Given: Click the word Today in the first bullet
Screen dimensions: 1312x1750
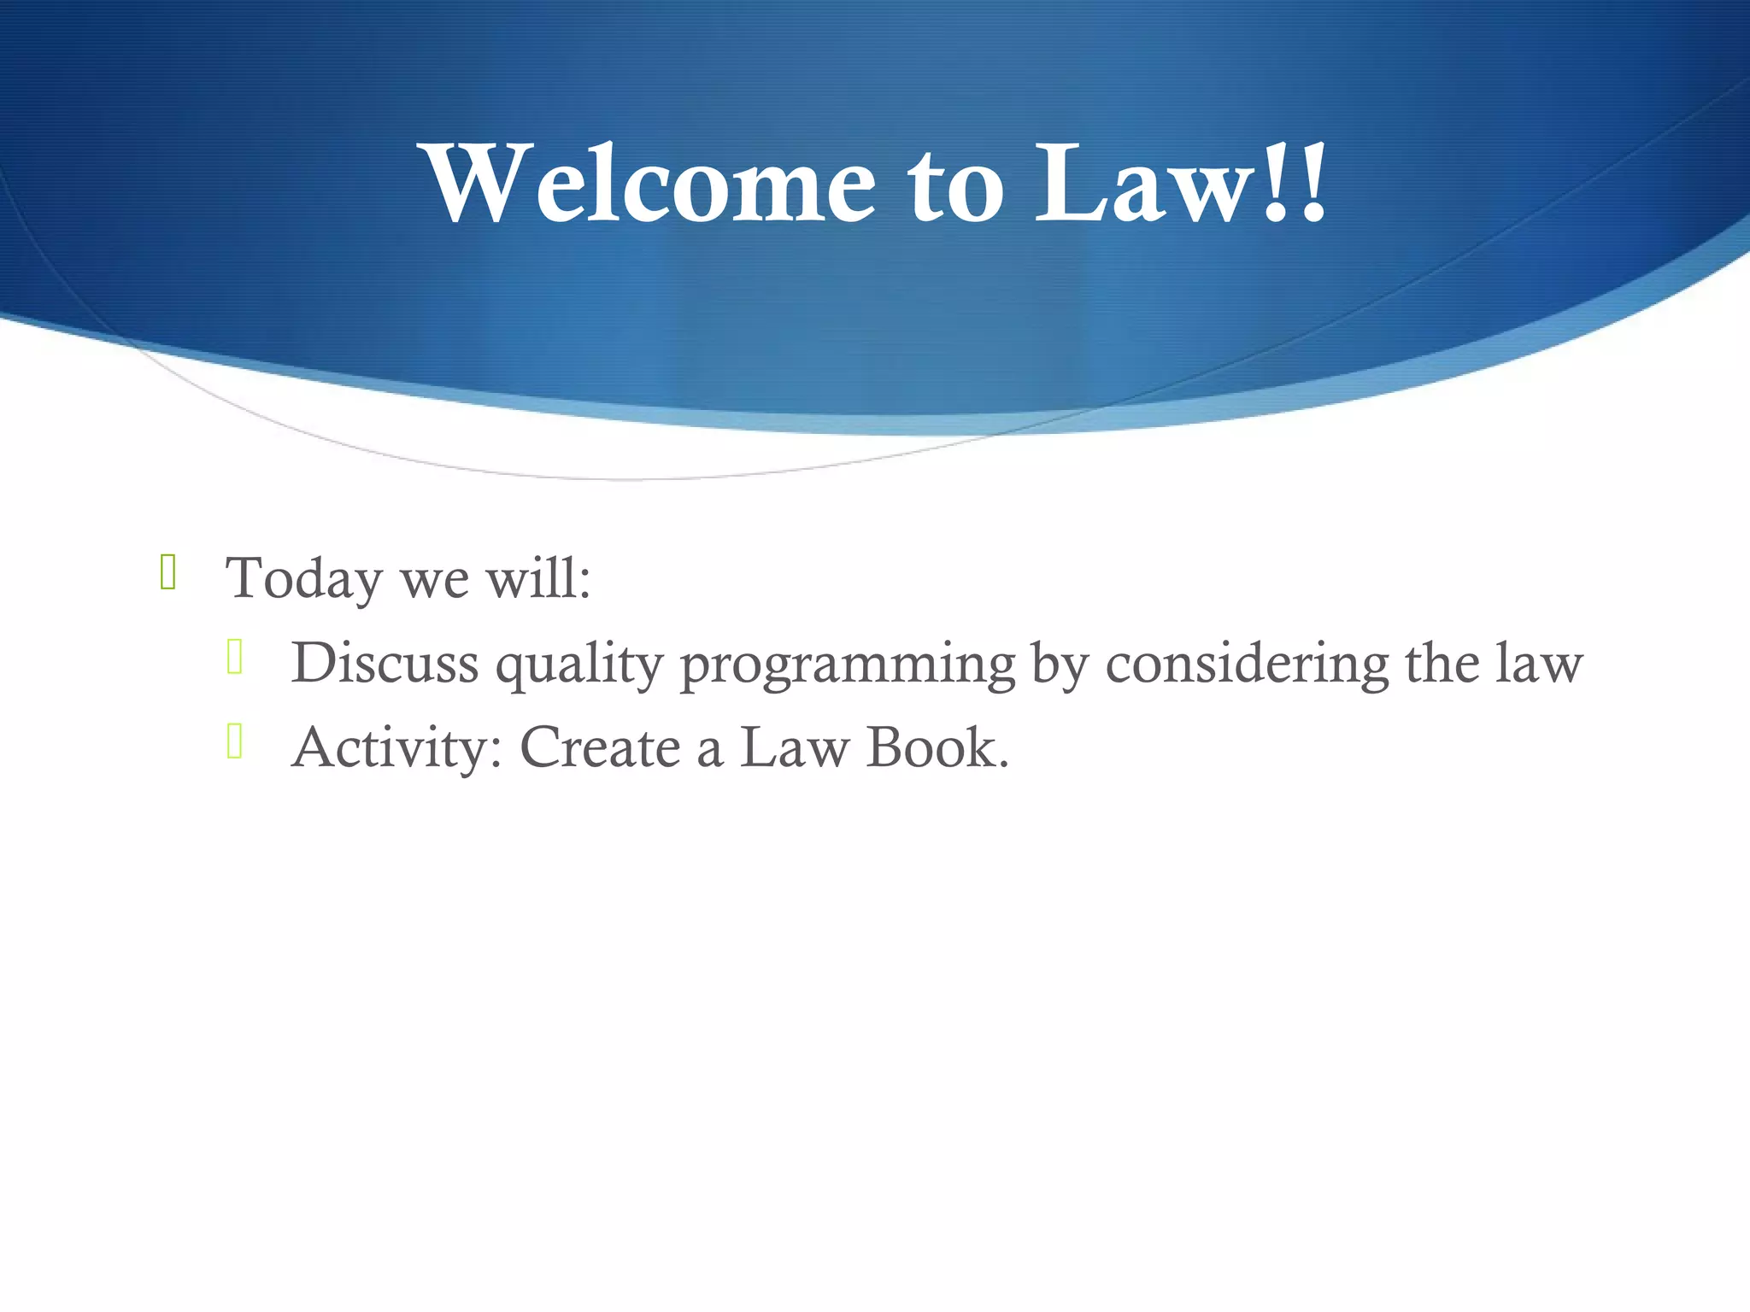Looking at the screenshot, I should coord(303,578).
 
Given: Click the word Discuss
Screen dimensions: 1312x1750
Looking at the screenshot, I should coord(385,663).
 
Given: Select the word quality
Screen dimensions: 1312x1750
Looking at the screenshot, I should coord(579,665).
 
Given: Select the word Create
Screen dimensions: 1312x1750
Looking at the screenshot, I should coord(600,747).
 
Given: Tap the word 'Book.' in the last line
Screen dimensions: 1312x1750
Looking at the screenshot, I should coord(937,747).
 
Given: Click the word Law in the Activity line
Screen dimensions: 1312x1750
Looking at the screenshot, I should coord(794,747).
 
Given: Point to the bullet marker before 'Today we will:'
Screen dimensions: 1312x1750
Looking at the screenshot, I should coord(167,572).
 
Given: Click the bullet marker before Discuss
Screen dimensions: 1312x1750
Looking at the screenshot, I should coord(235,657).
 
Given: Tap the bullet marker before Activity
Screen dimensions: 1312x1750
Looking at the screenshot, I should coord(235,741).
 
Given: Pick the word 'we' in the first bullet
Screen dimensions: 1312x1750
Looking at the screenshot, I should coord(435,580).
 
